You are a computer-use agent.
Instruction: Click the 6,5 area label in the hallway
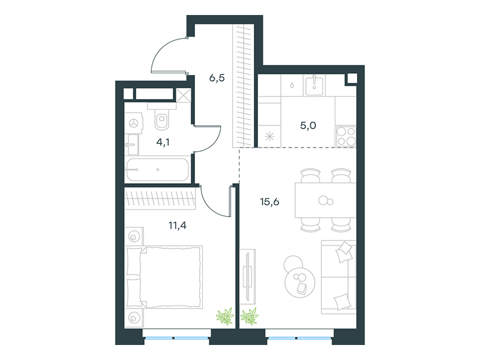tap(217, 78)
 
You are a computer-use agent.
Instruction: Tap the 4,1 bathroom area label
tap(163, 142)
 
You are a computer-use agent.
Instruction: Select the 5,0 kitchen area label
tap(308, 125)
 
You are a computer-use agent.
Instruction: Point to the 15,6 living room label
tap(269, 202)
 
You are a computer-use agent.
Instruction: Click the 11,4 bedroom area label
tap(178, 226)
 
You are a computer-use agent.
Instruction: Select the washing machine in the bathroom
tap(134, 123)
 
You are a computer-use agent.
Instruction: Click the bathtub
tap(157, 170)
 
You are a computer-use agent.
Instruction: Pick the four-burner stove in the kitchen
tap(346, 136)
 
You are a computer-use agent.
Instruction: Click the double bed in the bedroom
tap(164, 277)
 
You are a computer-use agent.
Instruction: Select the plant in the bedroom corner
tap(225, 316)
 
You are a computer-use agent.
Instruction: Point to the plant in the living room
tap(249, 316)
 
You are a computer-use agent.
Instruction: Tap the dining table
tap(325, 200)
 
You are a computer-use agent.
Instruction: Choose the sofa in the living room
tap(338, 277)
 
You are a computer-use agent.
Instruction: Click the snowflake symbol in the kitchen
tap(269, 137)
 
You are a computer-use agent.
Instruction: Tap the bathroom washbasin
tap(132, 145)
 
